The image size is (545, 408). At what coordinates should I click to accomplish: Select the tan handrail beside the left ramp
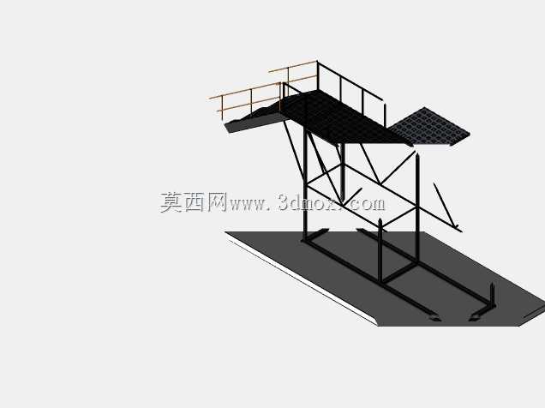245,92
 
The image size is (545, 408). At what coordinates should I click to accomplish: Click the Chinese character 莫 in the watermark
171,202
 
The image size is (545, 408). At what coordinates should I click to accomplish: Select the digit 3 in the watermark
284,202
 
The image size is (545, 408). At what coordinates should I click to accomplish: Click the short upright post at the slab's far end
492,295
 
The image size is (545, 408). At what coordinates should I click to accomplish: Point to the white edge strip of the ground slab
302,281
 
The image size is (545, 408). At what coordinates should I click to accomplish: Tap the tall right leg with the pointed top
417,207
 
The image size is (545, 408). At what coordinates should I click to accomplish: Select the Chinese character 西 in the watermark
194,202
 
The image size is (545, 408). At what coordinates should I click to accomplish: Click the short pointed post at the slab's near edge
380,249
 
